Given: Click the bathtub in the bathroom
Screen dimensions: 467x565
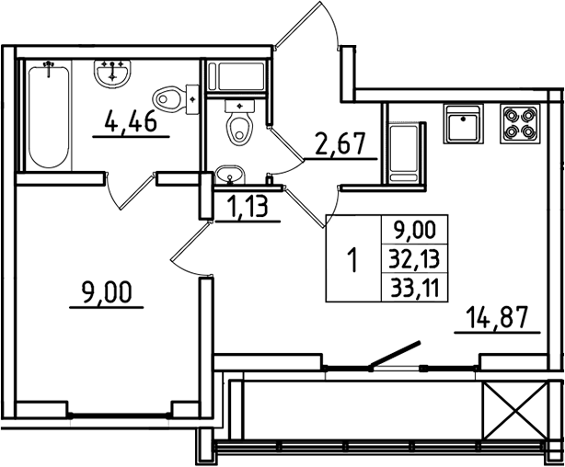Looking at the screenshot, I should pyautogui.click(x=49, y=114).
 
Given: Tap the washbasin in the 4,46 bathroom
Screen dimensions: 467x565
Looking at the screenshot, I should pyautogui.click(x=115, y=72).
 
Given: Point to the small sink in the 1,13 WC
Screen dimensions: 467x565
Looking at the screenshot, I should pyautogui.click(x=229, y=175).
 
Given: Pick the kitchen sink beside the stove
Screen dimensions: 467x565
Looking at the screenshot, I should pyautogui.click(x=462, y=124).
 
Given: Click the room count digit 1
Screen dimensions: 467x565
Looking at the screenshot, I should pyautogui.click(x=352, y=259).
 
